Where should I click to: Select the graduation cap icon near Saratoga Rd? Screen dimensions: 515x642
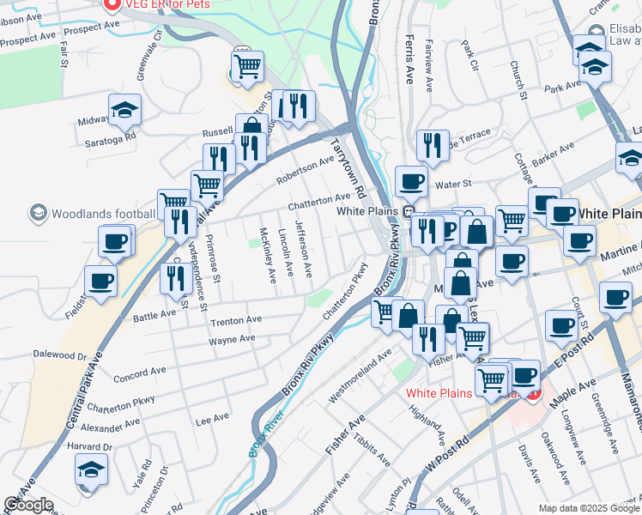point(124,109)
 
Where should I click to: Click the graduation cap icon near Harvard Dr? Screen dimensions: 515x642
point(92,469)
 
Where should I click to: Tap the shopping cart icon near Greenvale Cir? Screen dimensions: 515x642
point(247,66)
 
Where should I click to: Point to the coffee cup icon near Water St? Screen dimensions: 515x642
point(411,181)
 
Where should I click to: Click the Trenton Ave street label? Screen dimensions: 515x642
point(236,320)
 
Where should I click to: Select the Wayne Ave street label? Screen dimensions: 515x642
point(232,339)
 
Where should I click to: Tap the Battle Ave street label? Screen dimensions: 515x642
point(154,316)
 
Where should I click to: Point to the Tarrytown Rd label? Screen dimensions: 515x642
point(349,167)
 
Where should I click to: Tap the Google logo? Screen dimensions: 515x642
point(28,506)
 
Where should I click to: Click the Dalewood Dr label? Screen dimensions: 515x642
point(60,354)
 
